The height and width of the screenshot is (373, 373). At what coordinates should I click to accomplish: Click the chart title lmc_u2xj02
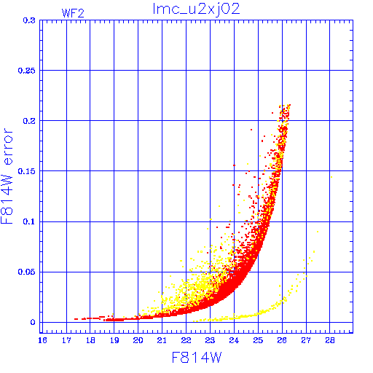point(196,9)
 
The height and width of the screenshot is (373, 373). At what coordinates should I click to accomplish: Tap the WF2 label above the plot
point(73,13)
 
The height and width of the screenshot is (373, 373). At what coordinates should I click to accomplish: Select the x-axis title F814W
point(197,358)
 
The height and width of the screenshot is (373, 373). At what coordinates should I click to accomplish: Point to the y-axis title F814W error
point(7,176)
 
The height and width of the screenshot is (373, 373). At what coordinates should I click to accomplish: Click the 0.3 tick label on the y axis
point(29,20)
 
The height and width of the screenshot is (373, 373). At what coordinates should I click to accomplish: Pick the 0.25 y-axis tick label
point(26,71)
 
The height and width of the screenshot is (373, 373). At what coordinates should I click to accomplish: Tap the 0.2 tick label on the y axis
point(29,121)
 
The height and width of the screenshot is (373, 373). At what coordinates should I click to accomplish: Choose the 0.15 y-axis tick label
point(26,171)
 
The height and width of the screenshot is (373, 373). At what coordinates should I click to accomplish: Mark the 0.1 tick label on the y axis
point(29,221)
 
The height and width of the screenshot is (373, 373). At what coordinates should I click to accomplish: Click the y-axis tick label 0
point(33,322)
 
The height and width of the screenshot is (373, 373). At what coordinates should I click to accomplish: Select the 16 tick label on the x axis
point(42,340)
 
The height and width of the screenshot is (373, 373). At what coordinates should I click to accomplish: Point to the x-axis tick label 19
point(114,340)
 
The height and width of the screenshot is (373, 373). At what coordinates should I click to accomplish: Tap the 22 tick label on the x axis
point(186,340)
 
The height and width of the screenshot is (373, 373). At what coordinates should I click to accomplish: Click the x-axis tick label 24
point(234,340)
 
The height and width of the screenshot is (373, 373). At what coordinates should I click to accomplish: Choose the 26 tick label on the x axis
point(282,340)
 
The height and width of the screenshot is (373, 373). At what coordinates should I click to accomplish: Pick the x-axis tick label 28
point(330,340)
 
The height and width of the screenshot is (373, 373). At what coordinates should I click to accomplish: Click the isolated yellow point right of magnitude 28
point(331,177)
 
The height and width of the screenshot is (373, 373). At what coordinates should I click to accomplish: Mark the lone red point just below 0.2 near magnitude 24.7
point(251,130)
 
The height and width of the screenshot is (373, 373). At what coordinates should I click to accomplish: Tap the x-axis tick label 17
point(66,340)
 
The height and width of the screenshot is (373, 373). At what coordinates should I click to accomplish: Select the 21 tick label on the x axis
point(162,340)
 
